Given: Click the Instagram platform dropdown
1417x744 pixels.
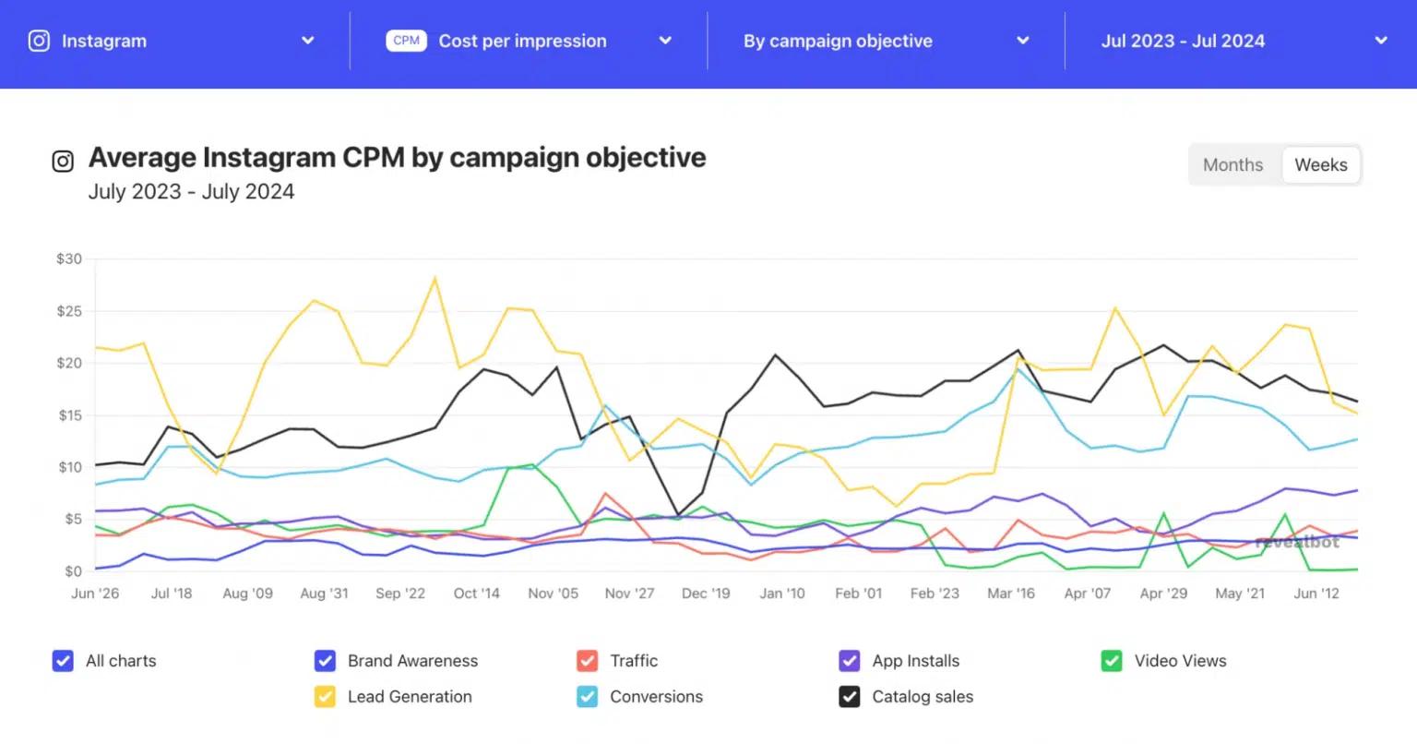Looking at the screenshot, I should coord(172,42).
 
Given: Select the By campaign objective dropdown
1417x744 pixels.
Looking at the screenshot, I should coord(886,42).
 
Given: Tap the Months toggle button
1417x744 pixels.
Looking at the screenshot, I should coord(1232,165).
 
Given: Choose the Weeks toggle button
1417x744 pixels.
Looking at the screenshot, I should coord(1320,165).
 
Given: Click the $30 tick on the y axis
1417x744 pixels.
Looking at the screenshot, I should coord(69,259).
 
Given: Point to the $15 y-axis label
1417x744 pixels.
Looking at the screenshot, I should coord(69,415).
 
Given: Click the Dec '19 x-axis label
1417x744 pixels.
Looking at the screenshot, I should coord(706,594).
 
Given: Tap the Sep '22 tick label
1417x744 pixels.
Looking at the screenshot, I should coord(400,594).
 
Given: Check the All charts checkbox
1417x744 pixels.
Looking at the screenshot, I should coord(63,661).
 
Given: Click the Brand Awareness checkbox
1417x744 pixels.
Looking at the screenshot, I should coord(325,661).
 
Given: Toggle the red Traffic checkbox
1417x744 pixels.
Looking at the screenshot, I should coord(587,661).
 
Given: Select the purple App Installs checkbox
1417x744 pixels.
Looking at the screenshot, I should coord(850,661).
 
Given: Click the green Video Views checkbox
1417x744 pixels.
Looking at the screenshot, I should coord(1112,661).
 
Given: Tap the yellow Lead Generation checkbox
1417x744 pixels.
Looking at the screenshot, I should coord(325,697).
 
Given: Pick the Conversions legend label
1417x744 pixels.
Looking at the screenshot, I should coord(656,697).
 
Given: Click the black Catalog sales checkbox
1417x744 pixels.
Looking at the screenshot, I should coord(850,697).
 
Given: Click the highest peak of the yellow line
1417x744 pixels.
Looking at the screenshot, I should coord(435,278).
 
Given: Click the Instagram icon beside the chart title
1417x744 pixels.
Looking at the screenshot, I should coord(63,162).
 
